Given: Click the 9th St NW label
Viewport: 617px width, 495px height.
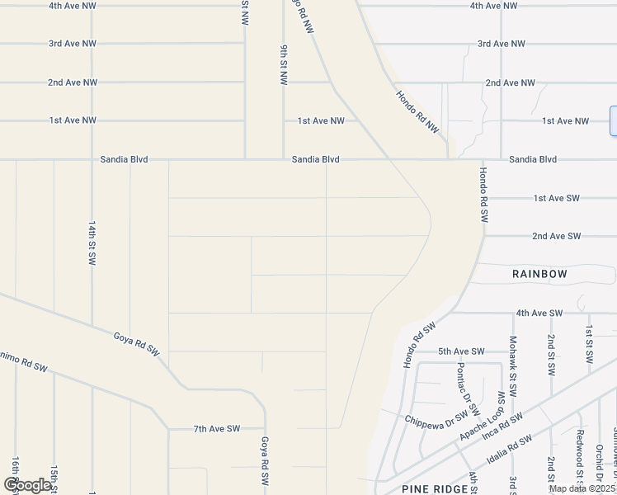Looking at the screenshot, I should (283, 65).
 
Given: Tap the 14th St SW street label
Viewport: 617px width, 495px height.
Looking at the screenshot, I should (92, 242).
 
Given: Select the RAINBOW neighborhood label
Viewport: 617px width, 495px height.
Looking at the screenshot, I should (539, 273).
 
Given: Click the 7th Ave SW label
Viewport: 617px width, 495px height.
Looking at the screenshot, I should (217, 428).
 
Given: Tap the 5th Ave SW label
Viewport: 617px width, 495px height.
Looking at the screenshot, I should (461, 351).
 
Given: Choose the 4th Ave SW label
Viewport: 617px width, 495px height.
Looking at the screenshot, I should (539, 313).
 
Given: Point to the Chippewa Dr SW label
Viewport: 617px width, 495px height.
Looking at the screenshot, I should (436, 416).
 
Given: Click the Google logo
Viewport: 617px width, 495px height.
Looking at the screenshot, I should (27, 485).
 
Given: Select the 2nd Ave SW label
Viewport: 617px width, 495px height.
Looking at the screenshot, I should (556, 236).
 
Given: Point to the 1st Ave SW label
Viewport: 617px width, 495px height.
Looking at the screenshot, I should (557, 198).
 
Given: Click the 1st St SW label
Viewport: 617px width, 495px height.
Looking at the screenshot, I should (589, 346).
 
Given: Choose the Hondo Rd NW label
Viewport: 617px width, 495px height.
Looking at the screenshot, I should (416, 112).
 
